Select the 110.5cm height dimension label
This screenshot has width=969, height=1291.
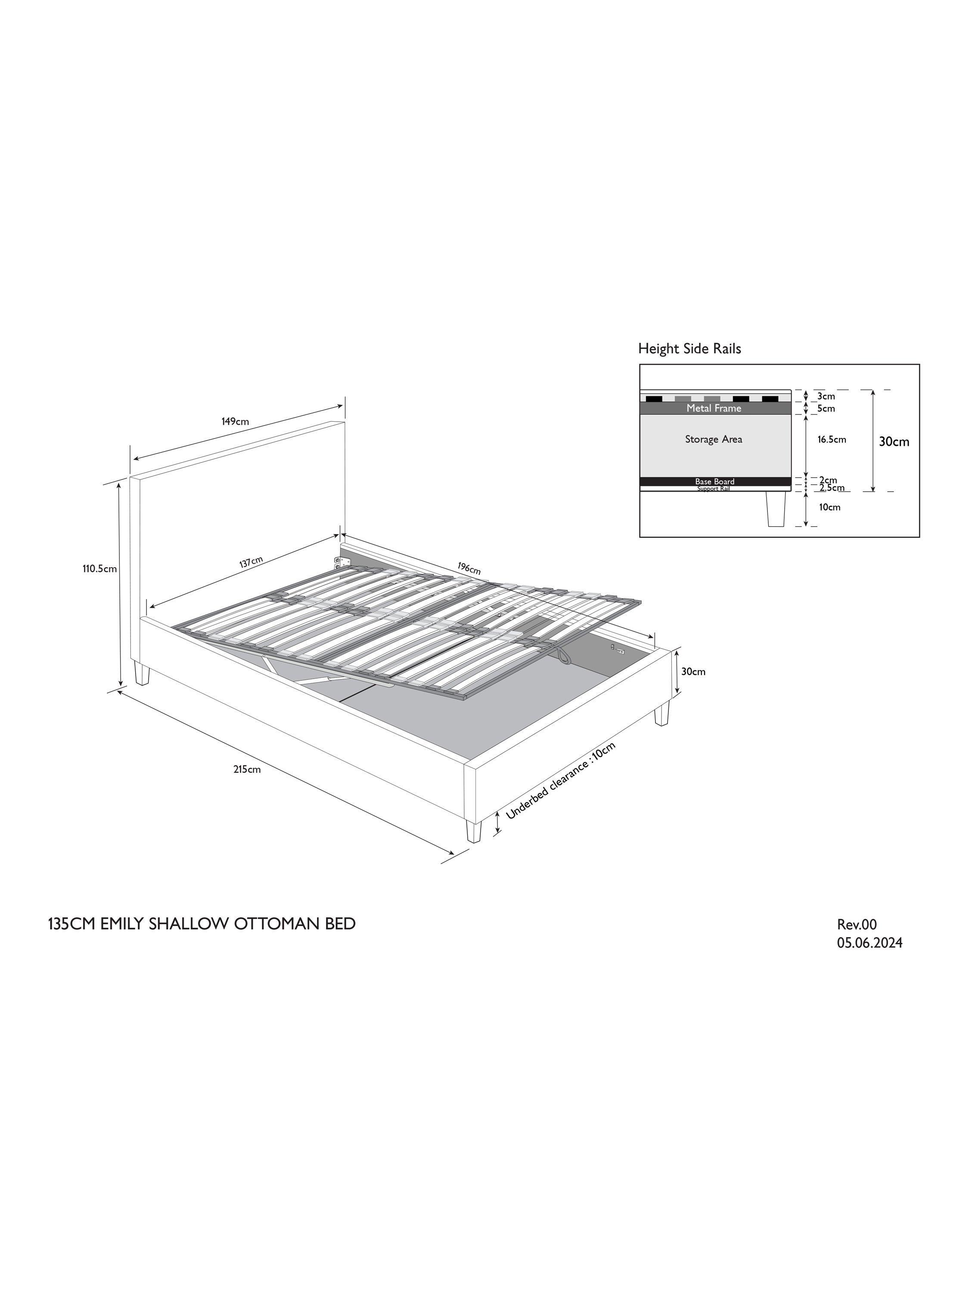click(100, 568)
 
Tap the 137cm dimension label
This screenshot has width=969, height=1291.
click(251, 562)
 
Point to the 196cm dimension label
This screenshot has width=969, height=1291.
click(469, 568)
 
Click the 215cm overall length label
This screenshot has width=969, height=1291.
click(247, 769)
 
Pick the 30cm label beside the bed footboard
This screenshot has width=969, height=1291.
click(693, 672)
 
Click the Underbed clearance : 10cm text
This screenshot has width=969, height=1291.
click(561, 781)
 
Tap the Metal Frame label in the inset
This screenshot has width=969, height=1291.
click(714, 408)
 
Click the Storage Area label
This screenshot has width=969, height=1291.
click(714, 439)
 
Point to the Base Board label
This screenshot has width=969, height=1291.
click(714, 482)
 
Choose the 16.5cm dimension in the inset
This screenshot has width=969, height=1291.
click(832, 439)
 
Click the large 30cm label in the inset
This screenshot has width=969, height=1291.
click(894, 442)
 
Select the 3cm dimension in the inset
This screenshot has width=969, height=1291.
click(826, 396)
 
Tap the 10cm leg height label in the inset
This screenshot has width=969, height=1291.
click(829, 507)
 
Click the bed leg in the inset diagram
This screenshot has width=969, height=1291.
click(775, 509)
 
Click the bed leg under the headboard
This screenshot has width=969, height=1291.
click(141, 673)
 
